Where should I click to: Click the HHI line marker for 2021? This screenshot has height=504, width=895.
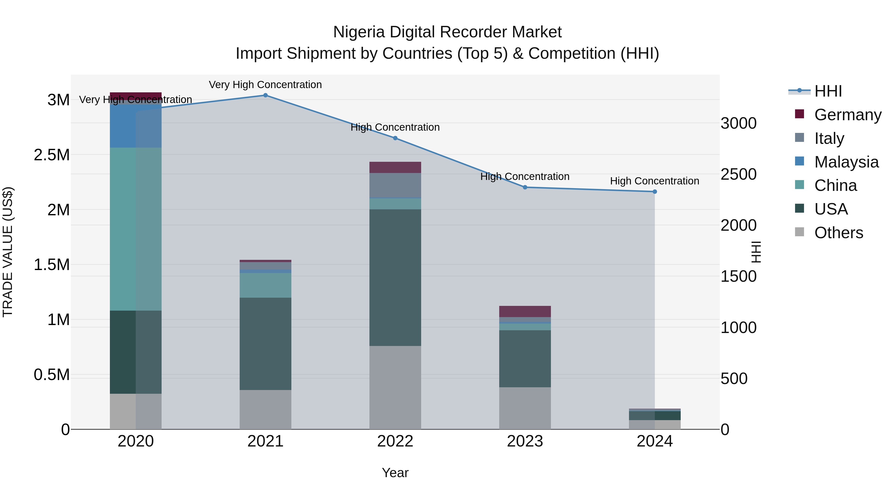266,95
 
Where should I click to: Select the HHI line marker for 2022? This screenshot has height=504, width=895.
395,138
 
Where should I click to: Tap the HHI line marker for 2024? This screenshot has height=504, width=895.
655,192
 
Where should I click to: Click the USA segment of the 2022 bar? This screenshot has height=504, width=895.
395,277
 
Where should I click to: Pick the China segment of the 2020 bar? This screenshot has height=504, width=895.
135,229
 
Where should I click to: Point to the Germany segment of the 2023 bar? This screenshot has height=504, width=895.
525,311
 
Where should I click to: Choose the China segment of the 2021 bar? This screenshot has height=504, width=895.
266,285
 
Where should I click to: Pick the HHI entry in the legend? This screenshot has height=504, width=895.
828,91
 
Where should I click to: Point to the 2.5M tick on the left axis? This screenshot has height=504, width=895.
52,155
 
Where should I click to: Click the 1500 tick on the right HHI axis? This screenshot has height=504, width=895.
738,277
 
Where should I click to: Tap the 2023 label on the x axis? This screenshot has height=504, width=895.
525,441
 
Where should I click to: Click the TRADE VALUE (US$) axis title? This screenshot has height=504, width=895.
8,252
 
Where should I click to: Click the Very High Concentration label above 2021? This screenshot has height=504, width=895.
266,85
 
